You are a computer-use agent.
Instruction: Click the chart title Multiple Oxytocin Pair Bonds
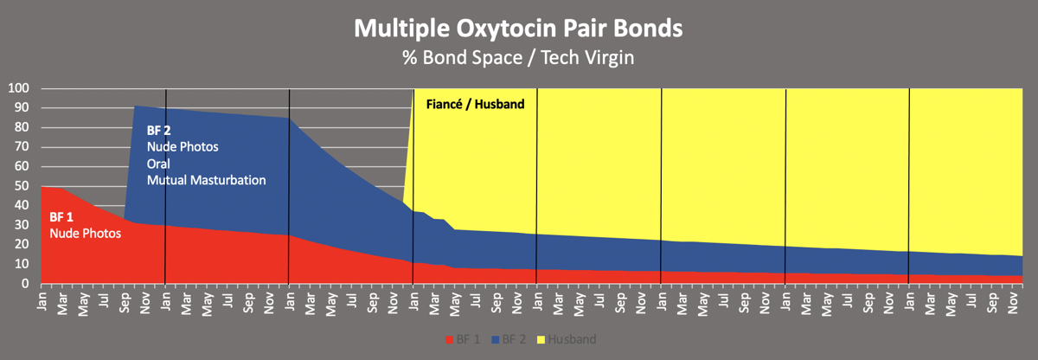[518, 28]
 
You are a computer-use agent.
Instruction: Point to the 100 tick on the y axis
[19, 88]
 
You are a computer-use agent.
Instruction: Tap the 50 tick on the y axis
[22, 186]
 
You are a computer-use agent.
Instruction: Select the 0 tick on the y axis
[26, 284]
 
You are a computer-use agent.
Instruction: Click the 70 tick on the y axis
[22, 147]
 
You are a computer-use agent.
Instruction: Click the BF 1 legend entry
[463, 339]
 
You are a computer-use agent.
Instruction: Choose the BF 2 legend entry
[512, 339]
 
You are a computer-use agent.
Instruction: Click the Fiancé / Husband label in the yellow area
[476, 105]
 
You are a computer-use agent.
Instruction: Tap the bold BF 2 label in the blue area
[158, 131]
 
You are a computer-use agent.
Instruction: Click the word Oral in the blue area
[158, 164]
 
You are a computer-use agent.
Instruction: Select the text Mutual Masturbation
[206, 180]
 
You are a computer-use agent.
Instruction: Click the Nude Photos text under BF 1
[84, 234]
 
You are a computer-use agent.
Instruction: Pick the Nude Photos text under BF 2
[182, 147]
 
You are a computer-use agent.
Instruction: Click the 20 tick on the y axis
[22, 245]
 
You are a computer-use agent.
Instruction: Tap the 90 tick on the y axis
[22, 108]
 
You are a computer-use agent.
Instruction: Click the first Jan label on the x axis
[42, 299]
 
